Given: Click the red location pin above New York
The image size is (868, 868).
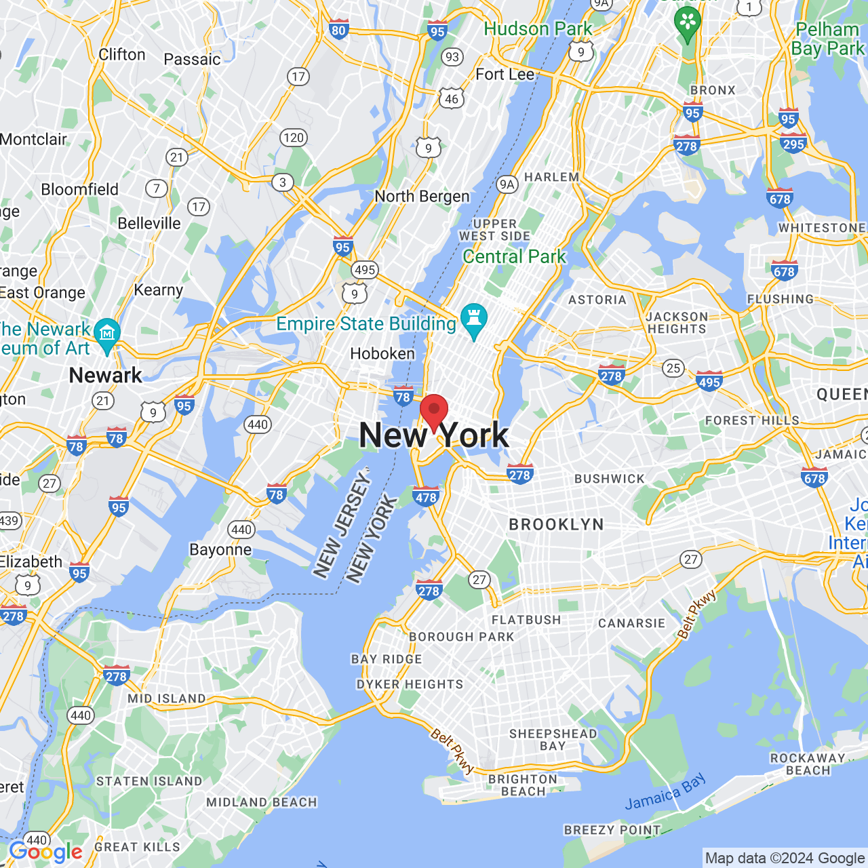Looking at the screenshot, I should pyautogui.click(x=434, y=410).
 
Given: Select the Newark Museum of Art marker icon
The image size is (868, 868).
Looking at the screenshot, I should pyautogui.click(x=107, y=334).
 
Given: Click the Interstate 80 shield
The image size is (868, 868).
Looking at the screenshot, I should pyautogui.click(x=338, y=29).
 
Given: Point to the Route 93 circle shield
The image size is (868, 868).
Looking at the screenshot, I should pyautogui.click(x=452, y=57).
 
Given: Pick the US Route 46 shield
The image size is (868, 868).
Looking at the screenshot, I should pyautogui.click(x=452, y=99).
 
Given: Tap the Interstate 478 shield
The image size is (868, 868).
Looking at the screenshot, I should pyautogui.click(x=426, y=497).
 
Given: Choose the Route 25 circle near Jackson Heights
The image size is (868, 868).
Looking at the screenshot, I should pyautogui.click(x=673, y=368).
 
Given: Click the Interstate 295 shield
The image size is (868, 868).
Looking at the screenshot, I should pyautogui.click(x=793, y=143).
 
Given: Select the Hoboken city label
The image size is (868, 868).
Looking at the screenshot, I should pyautogui.click(x=382, y=353).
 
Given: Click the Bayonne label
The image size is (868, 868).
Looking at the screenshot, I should pyautogui.click(x=220, y=549).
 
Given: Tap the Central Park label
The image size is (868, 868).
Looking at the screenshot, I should pyautogui.click(x=514, y=256).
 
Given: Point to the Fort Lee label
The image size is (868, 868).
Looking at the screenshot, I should pyautogui.click(x=505, y=74).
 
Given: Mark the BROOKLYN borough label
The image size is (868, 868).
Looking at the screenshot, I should pyautogui.click(x=556, y=524).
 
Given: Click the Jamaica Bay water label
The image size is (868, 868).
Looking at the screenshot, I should pyautogui.click(x=665, y=792).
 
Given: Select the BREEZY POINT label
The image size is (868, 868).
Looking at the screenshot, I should pyautogui.click(x=612, y=830).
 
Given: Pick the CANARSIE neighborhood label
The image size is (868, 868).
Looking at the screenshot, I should pyautogui.click(x=631, y=623).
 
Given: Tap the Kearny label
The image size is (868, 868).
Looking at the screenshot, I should pyautogui.click(x=159, y=290).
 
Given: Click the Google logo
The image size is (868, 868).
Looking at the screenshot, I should pyautogui.click(x=46, y=852).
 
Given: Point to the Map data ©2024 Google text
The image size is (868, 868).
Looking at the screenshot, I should pyautogui.click(x=785, y=859).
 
